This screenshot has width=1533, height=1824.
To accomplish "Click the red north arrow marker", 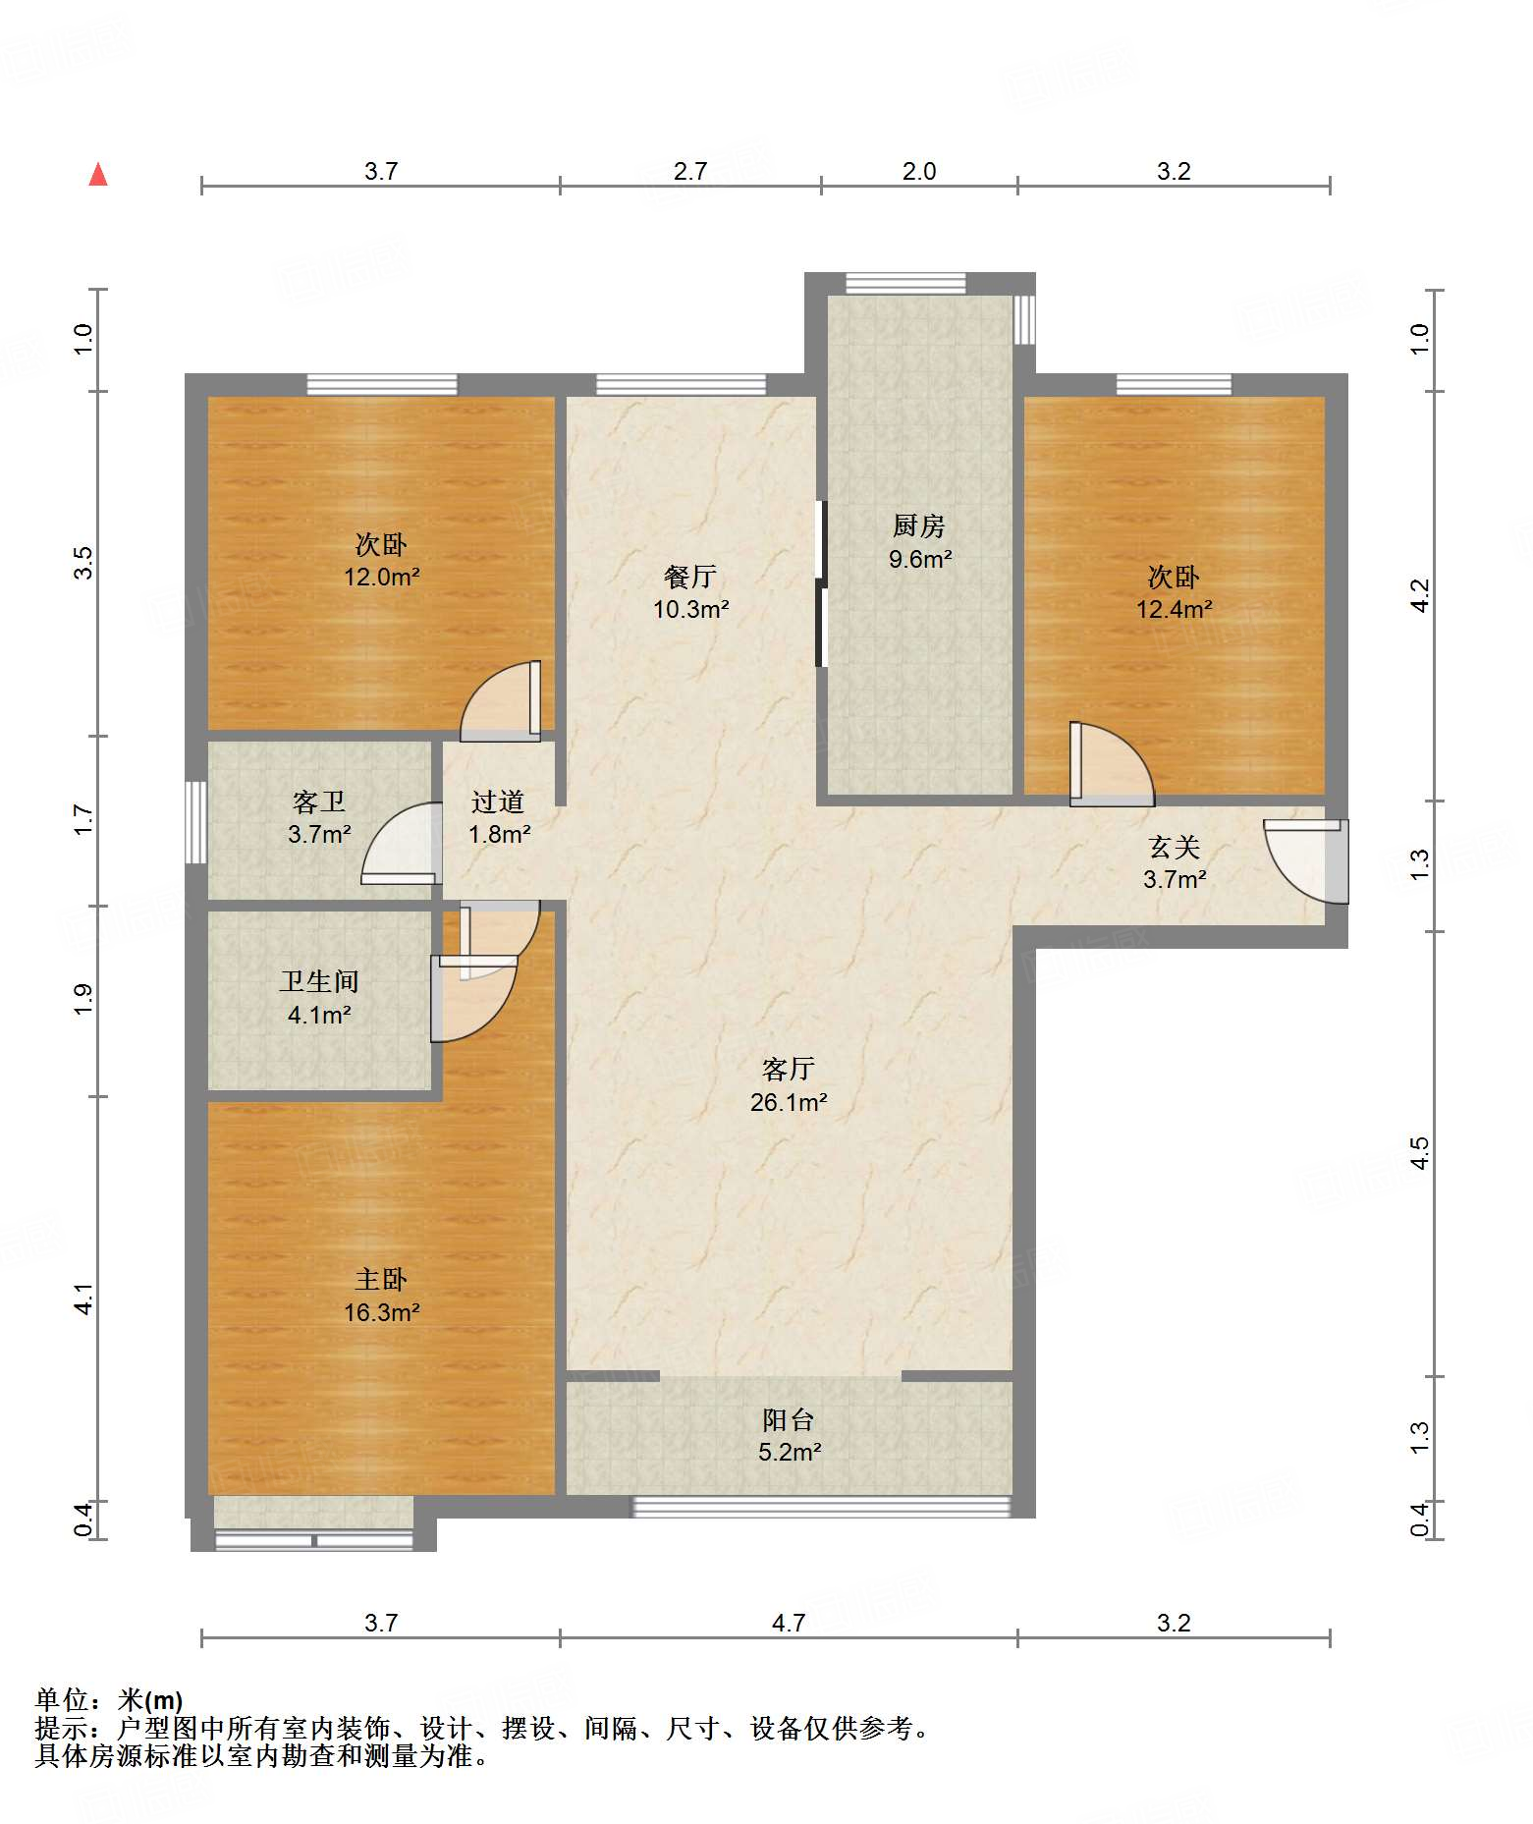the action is click(x=98, y=175).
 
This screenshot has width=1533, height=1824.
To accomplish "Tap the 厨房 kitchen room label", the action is click(x=918, y=526).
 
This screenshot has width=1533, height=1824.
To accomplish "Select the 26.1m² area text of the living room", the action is click(x=789, y=1102).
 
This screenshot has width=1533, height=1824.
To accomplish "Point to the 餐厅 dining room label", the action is click(x=690, y=577).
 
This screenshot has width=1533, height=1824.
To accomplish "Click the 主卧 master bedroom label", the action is click(x=381, y=1280).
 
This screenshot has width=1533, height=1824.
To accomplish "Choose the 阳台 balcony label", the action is click(x=789, y=1419).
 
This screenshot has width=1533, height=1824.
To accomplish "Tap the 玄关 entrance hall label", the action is click(x=1175, y=847).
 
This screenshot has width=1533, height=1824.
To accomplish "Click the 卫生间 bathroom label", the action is click(x=319, y=981).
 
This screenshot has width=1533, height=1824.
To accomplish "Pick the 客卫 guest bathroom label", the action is click(x=319, y=802).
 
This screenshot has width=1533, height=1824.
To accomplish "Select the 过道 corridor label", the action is click(x=498, y=802).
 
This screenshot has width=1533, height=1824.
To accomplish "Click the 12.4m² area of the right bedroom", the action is click(x=1175, y=609).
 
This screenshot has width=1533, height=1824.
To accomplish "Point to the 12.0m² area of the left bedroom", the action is click(x=382, y=577).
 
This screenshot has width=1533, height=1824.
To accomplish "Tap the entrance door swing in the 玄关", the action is click(x=1306, y=861).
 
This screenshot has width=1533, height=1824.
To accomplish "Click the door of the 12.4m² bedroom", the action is click(x=1111, y=764).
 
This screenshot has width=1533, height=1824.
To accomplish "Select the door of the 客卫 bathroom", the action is click(x=401, y=843).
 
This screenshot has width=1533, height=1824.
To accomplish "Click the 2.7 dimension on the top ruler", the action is click(x=690, y=171).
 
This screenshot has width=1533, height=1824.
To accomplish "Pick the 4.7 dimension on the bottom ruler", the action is click(x=789, y=1623).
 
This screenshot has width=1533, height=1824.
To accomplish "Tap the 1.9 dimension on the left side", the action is click(x=83, y=1000).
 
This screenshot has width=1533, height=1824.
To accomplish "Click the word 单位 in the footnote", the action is click(x=62, y=1700).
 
